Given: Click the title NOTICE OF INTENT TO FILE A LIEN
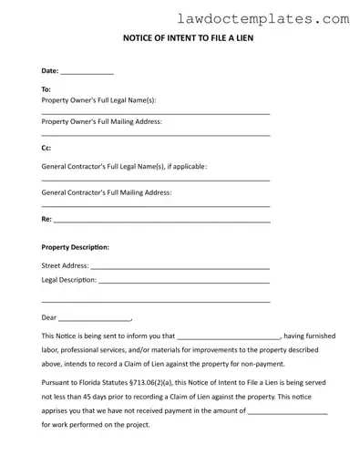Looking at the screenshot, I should point(180,40).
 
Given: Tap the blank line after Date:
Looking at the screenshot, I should point(87,71).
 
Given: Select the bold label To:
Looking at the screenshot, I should point(46,89).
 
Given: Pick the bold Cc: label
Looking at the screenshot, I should point(46,148).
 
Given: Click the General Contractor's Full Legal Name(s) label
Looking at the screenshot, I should point(124,166).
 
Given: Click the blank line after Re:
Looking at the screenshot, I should point(162,221).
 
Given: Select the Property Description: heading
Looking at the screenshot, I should point(76,247).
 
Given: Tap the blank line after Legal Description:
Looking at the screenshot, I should point(183,281).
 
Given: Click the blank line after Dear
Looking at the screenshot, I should point(95,319).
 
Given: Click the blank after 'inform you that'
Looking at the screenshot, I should point(228,337).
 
